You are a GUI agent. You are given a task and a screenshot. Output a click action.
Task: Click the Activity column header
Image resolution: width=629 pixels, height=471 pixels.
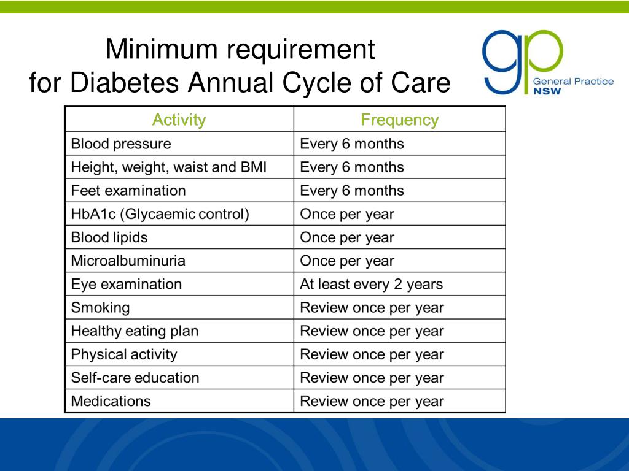(x=179, y=120)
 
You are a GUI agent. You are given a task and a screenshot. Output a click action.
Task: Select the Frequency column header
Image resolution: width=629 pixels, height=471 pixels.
(x=399, y=120)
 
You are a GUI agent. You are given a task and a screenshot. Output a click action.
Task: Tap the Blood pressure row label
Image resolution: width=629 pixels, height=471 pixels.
(x=121, y=144)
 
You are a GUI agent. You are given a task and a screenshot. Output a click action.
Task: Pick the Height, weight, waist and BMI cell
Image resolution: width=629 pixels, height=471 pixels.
(x=169, y=167)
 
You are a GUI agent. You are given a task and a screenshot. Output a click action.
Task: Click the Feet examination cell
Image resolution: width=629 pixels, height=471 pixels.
(x=128, y=191)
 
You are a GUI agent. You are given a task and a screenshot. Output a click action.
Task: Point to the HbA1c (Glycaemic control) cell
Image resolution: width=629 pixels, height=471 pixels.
(x=160, y=215)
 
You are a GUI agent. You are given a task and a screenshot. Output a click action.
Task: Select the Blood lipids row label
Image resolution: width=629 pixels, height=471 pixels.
(x=109, y=237)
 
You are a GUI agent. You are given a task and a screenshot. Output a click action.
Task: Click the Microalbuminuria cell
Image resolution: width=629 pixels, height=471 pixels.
(x=128, y=261)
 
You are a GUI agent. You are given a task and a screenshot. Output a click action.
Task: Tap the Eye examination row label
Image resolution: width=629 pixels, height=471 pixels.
(x=127, y=285)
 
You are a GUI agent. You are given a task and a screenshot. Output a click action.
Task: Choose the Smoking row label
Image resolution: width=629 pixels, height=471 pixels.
(x=101, y=308)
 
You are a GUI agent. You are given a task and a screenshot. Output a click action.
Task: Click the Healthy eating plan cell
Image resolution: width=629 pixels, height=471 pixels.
(x=135, y=331)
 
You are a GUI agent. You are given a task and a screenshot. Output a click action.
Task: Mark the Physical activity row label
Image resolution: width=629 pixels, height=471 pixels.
(x=124, y=354)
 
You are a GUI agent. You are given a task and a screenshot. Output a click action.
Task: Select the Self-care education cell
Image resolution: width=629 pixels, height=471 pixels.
(x=135, y=378)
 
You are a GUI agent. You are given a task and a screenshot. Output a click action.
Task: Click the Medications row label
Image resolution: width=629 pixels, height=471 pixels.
(x=111, y=402)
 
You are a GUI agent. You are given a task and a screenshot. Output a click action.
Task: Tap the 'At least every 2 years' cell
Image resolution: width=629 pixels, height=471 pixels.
(x=371, y=285)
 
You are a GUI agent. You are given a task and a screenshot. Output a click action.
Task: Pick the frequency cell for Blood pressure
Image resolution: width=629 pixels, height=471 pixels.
(x=352, y=144)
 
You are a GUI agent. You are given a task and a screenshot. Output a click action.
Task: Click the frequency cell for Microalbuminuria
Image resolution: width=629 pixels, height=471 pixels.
(x=347, y=261)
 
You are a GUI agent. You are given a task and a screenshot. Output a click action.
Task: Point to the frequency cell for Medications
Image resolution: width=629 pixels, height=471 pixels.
(x=372, y=402)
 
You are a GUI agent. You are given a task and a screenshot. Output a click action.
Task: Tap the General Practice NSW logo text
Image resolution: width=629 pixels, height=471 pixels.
(x=572, y=86)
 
